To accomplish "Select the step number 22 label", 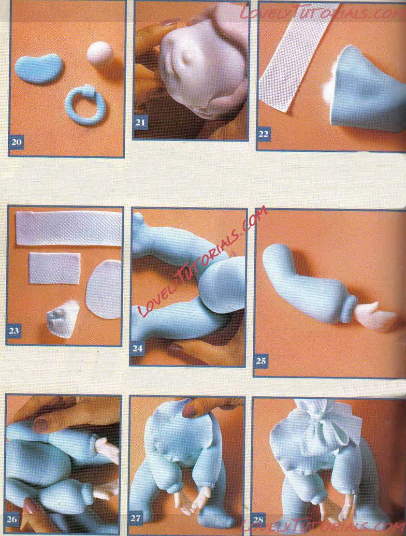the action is pos(263,134).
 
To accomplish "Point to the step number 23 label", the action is pos(14,331).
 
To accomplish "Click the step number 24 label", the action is pos(137,348).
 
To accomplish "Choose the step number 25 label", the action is pos(261,361).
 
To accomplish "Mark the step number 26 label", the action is pos(12,520).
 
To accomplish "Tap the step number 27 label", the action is pos(136,518).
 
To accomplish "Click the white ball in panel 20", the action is pos(100,54).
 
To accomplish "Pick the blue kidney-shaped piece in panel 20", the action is pos(38,68).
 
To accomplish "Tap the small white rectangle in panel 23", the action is pos(55,268).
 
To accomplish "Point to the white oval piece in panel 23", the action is pos(103,289).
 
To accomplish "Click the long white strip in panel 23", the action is pos(69,228).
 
